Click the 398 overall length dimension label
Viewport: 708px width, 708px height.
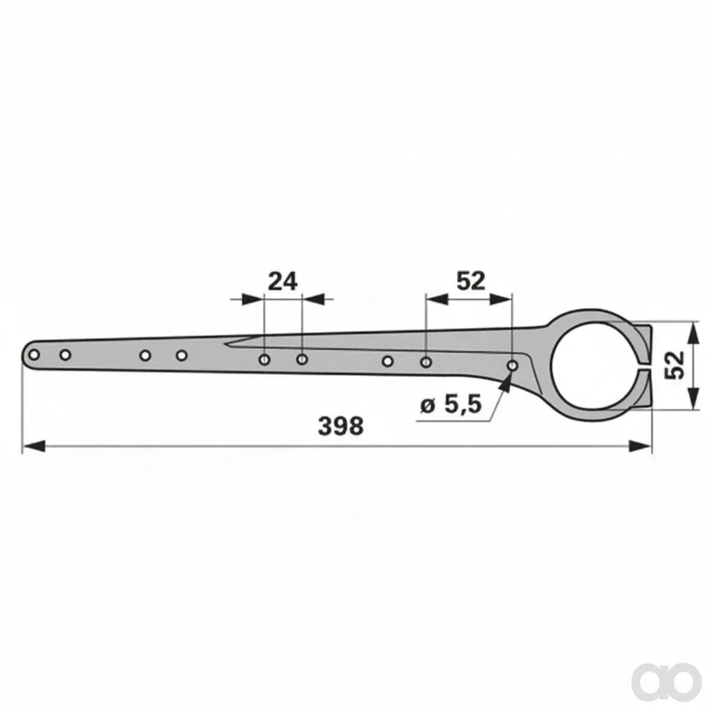click(x=340, y=426)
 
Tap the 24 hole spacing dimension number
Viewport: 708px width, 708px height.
click(x=283, y=282)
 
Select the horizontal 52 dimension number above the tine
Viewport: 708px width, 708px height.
click(x=471, y=282)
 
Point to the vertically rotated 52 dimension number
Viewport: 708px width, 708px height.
click(x=674, y=365)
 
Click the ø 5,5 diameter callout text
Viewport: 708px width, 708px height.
click(x=450, y=405)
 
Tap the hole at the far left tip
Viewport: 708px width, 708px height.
click(x=34, y=355)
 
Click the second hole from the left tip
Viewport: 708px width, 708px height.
click(x=65, y=355)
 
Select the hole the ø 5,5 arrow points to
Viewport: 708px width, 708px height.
click(x=513, y=366)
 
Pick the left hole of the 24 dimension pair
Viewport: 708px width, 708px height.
click(x=264, y=359)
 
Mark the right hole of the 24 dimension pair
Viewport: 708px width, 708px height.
click(x=302, y=359)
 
